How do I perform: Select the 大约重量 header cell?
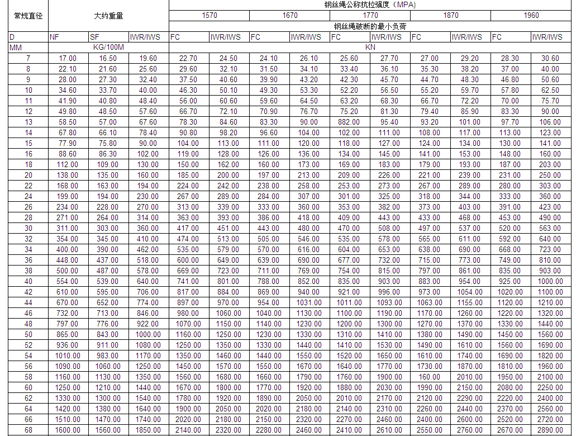(x=108, y=16)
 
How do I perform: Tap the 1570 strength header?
(x=209, y=15)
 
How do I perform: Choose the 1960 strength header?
(x=531, y=15)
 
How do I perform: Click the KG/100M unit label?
(x=108, y=48)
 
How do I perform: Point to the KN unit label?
(x=370, y=48)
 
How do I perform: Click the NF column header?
(x=55, y=37)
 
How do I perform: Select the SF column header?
(x=95, y=37)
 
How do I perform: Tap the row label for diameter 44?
(x=28, y=302)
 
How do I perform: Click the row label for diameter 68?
(x=28, y=430)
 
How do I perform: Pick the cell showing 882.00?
(x=349, y=122)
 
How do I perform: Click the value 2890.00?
(x=550, y=430)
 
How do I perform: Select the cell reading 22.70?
(x=188, y=58)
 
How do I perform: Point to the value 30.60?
(x=550, y=58)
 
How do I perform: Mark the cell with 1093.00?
(x=389, y=302)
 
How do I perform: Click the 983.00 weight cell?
(x=108, y=356)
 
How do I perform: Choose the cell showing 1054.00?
(x=469, y=292)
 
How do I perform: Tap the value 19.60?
(x=148, y=58)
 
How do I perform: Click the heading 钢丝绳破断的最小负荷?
(x=370, y=26)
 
